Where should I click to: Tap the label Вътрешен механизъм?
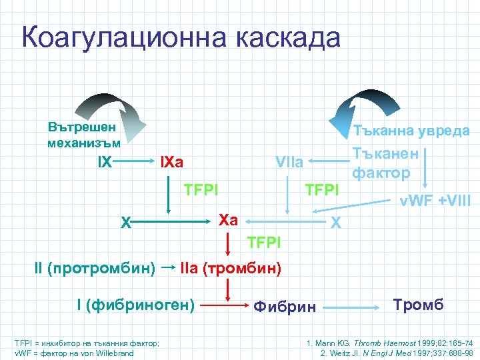[x=83, y=134]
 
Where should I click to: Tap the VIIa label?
[x=289, y=162]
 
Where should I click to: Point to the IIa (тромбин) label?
[x=231, y=268]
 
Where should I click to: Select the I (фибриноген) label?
[x=135, y=305]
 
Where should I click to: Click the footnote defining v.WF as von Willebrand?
[x=74, y=353]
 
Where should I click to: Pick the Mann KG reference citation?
[x=389, y=343]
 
